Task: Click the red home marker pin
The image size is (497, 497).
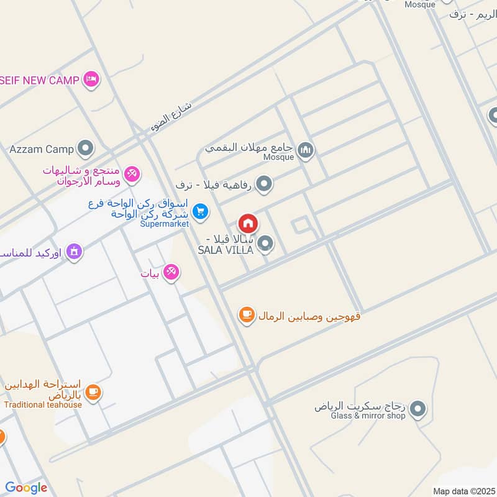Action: point(247,223)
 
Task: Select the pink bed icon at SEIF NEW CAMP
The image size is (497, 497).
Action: point(92,80)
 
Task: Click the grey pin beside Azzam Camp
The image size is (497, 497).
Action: point(85,149)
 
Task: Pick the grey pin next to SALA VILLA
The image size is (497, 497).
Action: point(265,244)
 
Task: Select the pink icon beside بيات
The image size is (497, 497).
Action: point(171,272)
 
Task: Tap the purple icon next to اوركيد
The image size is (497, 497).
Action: point(74,252)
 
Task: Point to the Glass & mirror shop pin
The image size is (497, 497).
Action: point(418,409)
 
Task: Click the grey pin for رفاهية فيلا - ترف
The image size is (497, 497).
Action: point(265,184)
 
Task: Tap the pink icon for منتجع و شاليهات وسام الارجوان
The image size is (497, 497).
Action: point(132,174)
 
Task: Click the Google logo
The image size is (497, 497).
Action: point(26,488)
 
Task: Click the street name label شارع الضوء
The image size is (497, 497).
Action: point(171,116)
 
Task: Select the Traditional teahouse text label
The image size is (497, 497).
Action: point(43,404)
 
